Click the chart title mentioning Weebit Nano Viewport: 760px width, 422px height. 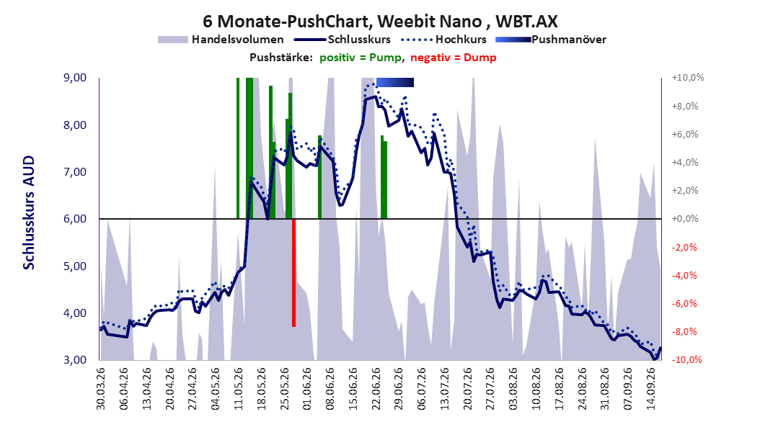coord(380,22)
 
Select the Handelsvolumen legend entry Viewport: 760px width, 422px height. coord(221,40)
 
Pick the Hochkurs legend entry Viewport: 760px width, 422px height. coord(443,40)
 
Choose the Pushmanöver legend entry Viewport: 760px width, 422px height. coord(551,40)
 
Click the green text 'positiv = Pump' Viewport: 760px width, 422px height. coord(361,58)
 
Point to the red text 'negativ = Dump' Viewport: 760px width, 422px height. coord(454,58)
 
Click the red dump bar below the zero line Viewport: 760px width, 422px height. coord(293,273)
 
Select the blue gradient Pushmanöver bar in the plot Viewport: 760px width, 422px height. coord(395,82)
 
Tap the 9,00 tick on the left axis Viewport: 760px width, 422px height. coord(75,78)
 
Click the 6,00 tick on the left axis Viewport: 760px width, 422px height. coord(75,219)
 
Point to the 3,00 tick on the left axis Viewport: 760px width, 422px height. coord(75,360)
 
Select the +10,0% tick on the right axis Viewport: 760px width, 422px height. coord(688,78)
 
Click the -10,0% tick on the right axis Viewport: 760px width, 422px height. coord(686,360)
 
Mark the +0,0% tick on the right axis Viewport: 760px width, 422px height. coord(685,219)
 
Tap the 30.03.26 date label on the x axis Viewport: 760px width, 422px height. coord(101,389)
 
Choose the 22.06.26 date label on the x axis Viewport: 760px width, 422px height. coord(376,389)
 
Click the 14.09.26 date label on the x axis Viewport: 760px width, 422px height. coord(651,389)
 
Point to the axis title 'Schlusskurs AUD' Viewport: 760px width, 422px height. coord(29,213)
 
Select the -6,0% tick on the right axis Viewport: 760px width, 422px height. coord(685,304)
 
